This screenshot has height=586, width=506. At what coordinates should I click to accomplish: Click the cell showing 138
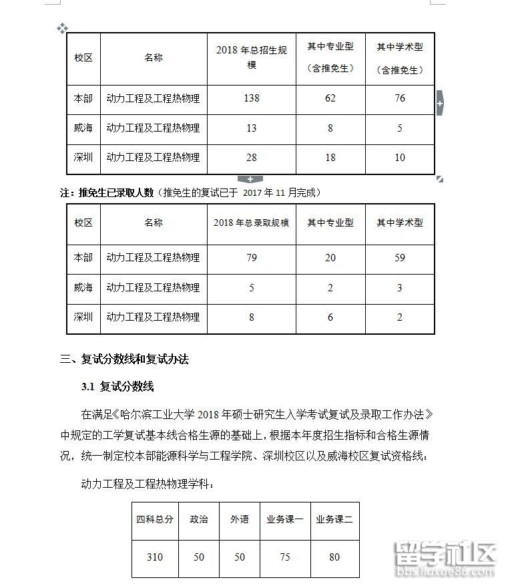[252, 98]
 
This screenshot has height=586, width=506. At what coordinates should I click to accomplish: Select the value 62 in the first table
[330, 98]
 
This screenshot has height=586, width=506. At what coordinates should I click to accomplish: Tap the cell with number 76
[400, 98]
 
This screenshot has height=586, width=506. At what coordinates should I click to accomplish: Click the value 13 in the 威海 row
[252, 128]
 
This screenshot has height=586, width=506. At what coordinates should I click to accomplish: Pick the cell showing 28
[252, 158]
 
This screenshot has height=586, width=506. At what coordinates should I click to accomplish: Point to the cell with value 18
[330, 158]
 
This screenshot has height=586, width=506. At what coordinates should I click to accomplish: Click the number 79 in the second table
[252, 258]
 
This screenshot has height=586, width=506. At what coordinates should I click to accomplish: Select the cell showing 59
[400, 258]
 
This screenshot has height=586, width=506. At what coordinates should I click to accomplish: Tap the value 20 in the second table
[330, 258]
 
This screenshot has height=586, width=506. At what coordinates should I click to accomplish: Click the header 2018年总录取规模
[251, 223]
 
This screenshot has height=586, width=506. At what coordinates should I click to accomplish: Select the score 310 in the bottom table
[154, 557]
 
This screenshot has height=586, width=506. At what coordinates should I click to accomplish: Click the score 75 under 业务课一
[285, 557]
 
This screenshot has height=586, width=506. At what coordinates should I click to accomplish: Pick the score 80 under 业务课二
[334, 557]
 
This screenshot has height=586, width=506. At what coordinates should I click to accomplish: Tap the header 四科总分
[155, 519]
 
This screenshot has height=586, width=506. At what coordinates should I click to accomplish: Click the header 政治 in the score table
[199, 519]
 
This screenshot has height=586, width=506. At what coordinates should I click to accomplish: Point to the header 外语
[240, 519]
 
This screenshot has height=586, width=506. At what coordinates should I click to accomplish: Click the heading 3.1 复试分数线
[117, 387]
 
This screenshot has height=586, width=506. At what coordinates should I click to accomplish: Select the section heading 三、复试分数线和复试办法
[125, 359]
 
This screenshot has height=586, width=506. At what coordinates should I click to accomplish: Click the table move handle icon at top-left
[62, 28]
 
